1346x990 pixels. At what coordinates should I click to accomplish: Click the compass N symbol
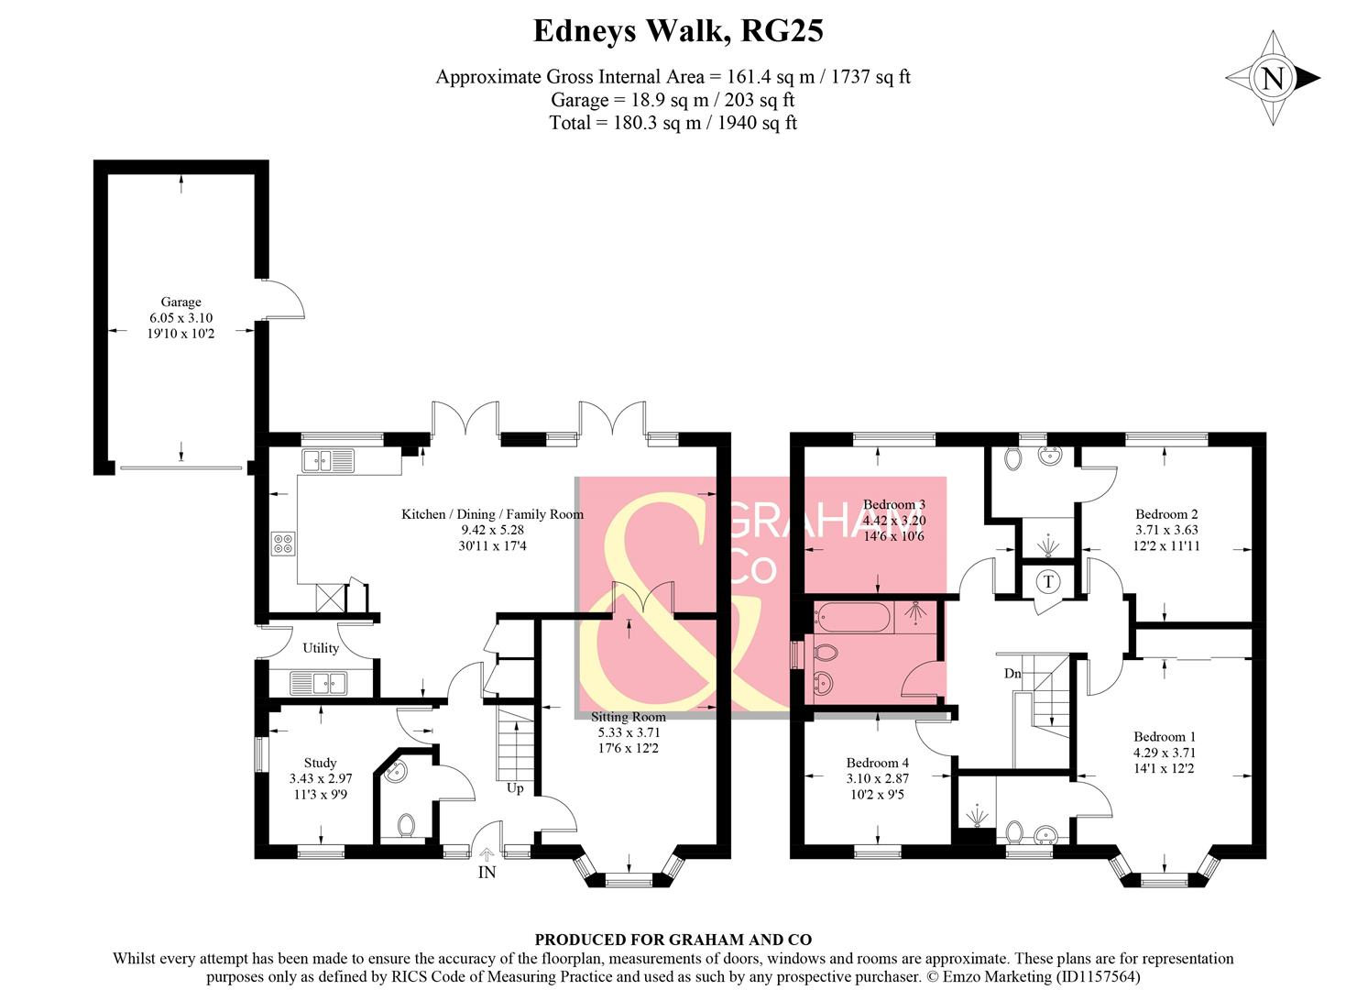coord(1273,79)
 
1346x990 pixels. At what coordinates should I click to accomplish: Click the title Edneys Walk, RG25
coord(678,31)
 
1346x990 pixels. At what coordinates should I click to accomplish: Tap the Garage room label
coord(181,302)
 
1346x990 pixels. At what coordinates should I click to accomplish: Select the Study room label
coord(320,763)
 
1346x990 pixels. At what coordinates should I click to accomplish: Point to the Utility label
coord(321,648)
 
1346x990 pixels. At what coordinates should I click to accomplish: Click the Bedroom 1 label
coord(1164,737)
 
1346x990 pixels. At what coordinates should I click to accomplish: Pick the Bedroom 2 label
coord(1165,514)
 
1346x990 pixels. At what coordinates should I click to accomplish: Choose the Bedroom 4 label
coord(877,763)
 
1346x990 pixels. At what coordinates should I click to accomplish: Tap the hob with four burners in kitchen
coord(283,544)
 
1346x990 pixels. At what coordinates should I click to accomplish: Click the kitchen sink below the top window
coord(328,460)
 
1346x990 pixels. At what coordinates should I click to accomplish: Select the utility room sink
coord(318,683)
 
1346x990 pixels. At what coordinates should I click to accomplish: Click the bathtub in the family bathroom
coord(851,618)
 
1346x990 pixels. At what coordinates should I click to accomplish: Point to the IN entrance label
coord(487,872)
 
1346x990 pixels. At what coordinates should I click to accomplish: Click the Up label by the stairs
coord(515,788)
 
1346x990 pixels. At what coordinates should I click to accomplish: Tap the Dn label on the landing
coord(1012,674)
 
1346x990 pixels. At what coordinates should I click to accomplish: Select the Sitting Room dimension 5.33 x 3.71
coord(629,732)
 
